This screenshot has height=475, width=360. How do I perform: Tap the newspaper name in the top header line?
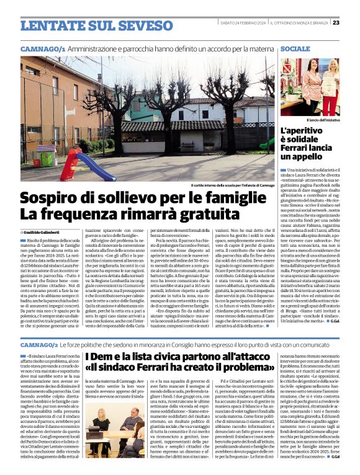299,22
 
